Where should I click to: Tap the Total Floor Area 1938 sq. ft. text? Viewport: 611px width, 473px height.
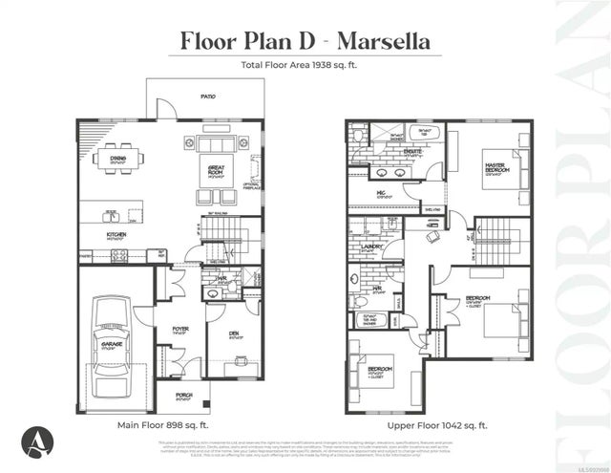tap(305, 67)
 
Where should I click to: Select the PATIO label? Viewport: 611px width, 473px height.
tap(207, 97)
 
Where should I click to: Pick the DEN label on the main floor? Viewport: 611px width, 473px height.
tap(233, 334)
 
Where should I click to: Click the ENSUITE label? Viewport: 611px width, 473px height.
tap(388, 151)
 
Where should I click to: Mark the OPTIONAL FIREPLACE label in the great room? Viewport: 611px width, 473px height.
tap(253, 186)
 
